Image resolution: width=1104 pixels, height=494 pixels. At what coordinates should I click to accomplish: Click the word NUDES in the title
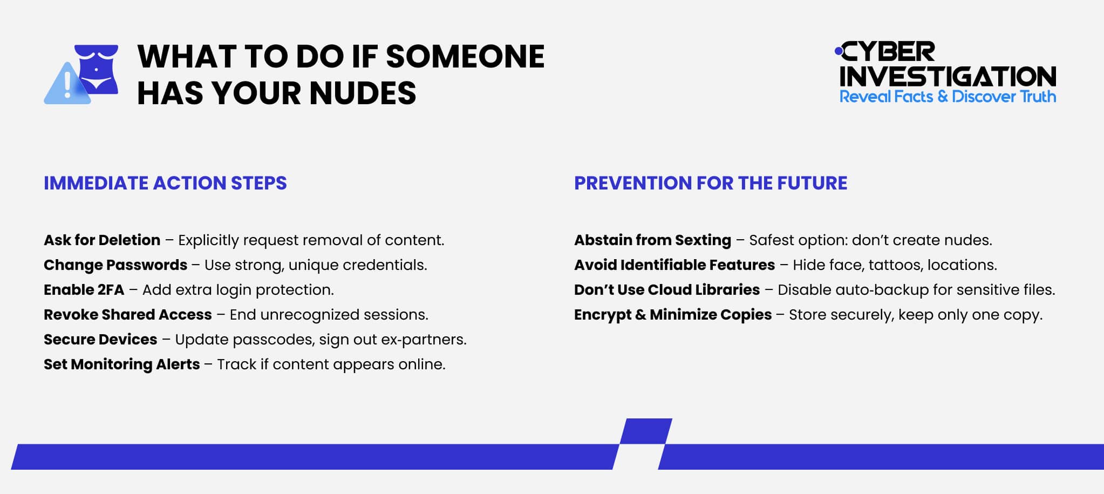pos(363,93)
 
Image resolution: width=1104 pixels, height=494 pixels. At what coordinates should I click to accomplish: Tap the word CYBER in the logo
pos(888,52)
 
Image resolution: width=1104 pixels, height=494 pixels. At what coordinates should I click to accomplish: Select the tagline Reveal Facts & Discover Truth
pos(948,97)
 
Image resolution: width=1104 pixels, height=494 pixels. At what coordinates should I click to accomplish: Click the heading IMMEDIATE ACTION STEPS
pos(165,183)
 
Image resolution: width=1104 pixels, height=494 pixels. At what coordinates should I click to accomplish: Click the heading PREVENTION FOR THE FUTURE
pos(710,183)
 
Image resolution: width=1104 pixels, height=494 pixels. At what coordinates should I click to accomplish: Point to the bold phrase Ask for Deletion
pos(102,240)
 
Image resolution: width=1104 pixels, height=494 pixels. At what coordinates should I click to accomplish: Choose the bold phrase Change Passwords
pos(115,265)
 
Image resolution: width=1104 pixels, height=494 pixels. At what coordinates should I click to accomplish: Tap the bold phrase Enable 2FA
pos(84,290)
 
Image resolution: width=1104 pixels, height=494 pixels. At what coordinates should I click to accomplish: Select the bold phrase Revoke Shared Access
pos(128,315)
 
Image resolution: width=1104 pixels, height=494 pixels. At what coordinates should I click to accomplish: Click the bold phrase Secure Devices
pos(100,340)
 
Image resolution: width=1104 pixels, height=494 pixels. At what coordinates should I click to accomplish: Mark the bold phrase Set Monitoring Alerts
pos(122,364)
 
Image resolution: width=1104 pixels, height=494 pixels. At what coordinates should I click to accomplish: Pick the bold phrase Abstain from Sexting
pos(652,240)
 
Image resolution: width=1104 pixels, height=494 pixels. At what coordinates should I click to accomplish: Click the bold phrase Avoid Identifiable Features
pos(674,265)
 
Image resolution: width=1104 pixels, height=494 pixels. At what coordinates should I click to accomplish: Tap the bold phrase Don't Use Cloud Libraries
pos(667,290)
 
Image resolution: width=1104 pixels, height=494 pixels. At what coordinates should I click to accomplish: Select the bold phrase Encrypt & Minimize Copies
pos(673,315)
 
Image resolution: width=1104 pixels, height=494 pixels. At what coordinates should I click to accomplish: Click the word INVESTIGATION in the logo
pos(948,77)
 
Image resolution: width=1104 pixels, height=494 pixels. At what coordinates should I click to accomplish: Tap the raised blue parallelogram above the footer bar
pos(646,431)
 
